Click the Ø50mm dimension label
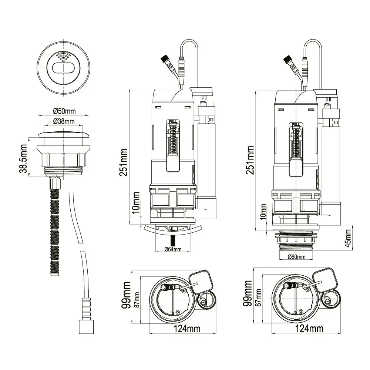point(64,111)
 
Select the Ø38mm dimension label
point(64,121)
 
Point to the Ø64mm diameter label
point(173,249)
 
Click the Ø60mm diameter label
point(296,256)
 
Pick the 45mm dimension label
point(348,238)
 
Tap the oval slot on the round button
point(64,68)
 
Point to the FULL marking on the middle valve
point(173,121)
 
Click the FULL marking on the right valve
point(296,124)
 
